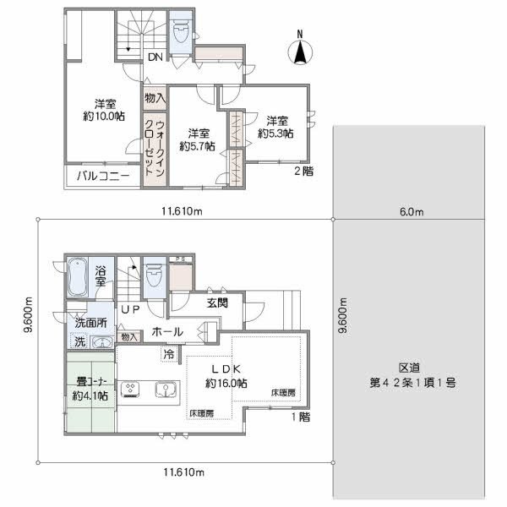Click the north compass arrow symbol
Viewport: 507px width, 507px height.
(x=300, y=51)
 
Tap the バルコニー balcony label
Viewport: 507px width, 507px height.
(x=103, y=176)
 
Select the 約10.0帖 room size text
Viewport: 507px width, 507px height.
(x=104, y=116)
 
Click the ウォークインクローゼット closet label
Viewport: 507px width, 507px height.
(x=155, y=148)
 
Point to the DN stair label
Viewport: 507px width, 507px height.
(x=155, y=57)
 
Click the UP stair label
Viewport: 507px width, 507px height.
(x=130, y=309)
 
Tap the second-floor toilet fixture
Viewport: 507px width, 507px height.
(x=181, y=31)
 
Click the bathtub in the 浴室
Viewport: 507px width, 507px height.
(x=77, y=277)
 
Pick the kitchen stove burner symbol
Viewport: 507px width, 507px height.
(x=130, y=390)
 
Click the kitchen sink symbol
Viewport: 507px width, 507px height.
(x=166, y=390)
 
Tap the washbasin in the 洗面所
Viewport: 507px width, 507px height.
(x=101, y=342)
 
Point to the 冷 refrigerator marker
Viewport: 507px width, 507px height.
(x=168, y=354)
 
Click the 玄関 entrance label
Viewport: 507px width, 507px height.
(x=217, y=303)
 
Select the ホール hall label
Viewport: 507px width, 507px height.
(x=167, y=332)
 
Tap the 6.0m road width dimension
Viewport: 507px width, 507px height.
(x=412, y=212)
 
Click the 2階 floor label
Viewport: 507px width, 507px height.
(x=303, y=171)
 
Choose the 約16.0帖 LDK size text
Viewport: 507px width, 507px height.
(x=226, y=383)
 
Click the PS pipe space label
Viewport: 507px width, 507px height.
(x=181, y=259)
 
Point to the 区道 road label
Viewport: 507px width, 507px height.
(x=409, y=368)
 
